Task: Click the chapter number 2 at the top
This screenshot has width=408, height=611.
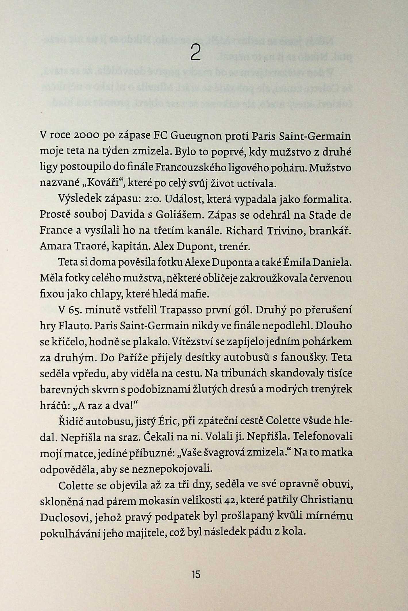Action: (195, 53)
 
